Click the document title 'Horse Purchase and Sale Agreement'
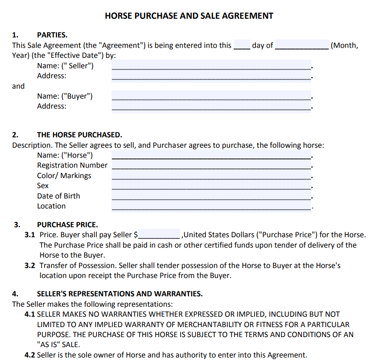[x=189, y=16]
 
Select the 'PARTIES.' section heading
[x=52, y=35]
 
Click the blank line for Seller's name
[x=211, y=65]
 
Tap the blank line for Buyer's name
[x=211, y=96]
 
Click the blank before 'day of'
[x=242, y=46]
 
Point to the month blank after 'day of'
[x=302, y=46]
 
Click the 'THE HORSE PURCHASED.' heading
[x=79, y=135]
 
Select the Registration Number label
[x=72, y=165]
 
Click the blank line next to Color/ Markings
[x=211, y=176]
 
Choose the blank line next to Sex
[x=211, y=186]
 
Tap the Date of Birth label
[x=58, y=196]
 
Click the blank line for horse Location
[x=211, y=206]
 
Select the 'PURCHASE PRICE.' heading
[x=67, y=225]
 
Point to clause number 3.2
[x=30, y=266]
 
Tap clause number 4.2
[x=30, y=355]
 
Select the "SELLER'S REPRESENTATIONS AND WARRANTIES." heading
[x=120, y=294]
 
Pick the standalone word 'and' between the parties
[x=18, y=86]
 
